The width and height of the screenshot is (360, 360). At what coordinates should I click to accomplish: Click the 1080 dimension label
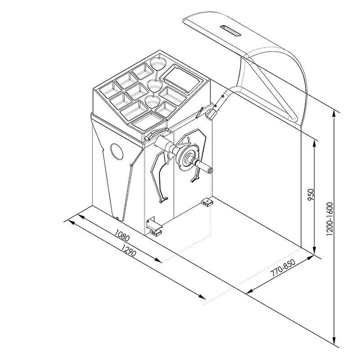(122, 235)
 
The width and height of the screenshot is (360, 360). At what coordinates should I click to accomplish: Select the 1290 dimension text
(129, 251)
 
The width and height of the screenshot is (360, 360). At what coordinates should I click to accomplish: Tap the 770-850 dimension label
(283, 268)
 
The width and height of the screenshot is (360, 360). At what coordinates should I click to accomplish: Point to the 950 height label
(310, 195)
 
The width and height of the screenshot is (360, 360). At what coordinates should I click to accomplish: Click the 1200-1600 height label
(329, 219)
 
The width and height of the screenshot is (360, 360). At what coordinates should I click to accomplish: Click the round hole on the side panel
(117, 152)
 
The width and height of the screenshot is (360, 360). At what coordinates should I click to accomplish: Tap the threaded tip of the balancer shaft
(210, 171)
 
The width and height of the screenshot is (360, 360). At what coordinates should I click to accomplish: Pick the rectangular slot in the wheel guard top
(230, 31)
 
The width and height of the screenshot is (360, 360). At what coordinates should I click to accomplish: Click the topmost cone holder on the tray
(158, 63)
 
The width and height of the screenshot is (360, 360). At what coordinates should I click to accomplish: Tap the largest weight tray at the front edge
(148, 121)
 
